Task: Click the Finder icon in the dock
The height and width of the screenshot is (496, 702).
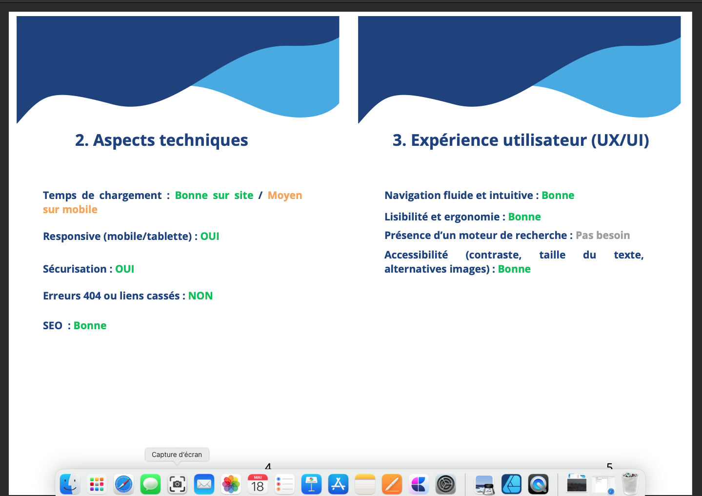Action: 70,484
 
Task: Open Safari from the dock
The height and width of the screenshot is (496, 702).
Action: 123,484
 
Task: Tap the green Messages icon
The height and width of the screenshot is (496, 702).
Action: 150,484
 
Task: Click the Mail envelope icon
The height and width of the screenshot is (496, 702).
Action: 204,484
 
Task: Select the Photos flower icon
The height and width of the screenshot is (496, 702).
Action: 231,484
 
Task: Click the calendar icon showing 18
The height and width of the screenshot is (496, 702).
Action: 258,484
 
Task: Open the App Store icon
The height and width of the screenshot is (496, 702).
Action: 338,484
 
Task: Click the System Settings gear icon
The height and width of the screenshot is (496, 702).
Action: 445,484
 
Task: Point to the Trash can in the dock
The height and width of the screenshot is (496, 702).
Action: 630,484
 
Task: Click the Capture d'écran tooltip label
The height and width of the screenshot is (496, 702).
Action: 177,455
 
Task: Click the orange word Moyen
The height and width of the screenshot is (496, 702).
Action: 285,196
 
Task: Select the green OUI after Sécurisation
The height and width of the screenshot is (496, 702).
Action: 125,269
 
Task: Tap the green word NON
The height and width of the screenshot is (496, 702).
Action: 201,296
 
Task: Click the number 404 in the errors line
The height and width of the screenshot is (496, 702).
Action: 92,296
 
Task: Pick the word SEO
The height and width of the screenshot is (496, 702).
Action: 53,326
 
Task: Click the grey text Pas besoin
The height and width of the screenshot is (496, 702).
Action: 602,235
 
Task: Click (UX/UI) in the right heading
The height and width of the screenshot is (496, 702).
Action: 620,140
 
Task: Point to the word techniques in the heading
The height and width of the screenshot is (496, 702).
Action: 204,140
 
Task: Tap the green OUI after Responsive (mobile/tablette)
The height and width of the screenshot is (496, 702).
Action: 210,236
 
